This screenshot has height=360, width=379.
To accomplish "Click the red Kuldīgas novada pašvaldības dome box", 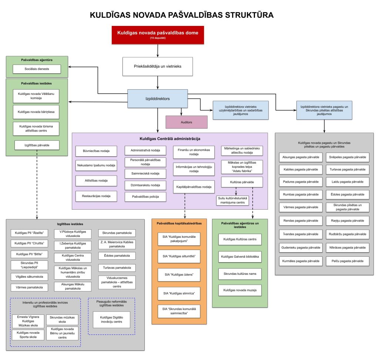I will tap(158, 34).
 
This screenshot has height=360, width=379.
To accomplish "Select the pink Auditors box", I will tap(187, 121).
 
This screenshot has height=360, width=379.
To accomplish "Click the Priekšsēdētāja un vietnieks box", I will tap(158, 67).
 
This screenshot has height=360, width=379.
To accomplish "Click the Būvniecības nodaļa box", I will tap(96, 151).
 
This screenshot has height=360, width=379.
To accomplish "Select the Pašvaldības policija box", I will tap(145, 197).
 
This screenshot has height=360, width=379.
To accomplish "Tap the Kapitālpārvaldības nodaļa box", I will tap(194, 186).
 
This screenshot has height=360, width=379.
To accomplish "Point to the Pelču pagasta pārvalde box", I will tap(348, 261).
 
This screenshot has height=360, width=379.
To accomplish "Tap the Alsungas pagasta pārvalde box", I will tap(299, 157).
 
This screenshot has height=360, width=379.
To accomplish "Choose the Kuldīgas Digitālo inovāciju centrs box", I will tap(111, 320).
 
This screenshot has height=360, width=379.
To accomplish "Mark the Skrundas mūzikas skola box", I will tap(62, 320).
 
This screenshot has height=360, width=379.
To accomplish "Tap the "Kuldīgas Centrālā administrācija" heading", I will tap(170, 139).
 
